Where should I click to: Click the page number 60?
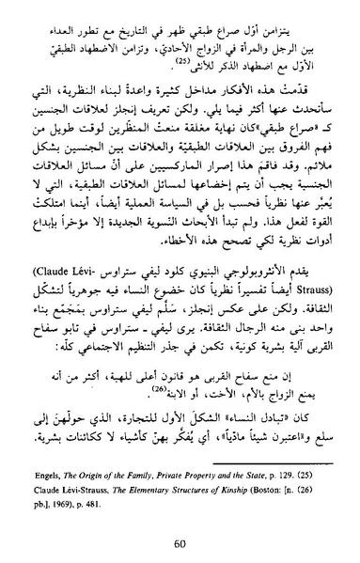180,542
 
